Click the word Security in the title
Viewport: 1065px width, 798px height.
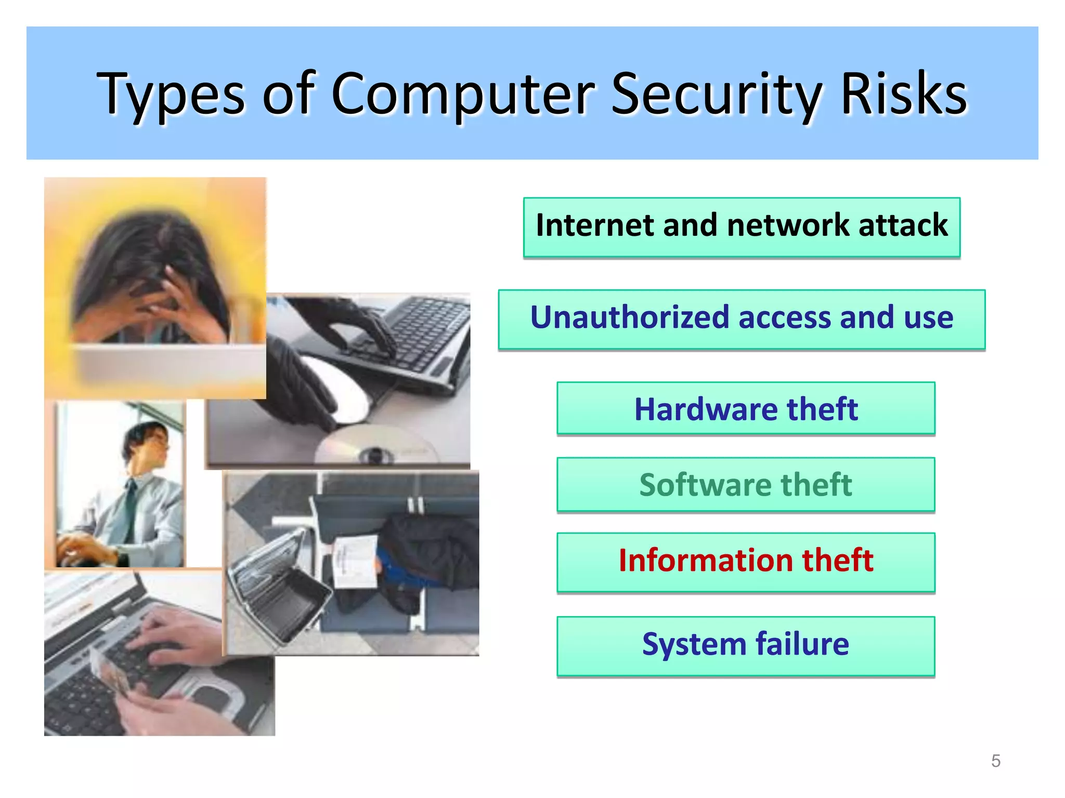(x=716, y=95)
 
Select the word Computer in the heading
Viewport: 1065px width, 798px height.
(x=463, y=95)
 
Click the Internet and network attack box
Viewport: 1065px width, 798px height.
(x=742, y=227)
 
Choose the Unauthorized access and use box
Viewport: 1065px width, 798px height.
(x=742, y=319)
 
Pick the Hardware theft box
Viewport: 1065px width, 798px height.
(x=746, y=408)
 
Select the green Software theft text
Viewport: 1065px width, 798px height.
(x=746, y=484)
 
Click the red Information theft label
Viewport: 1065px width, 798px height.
(x=746, y=561)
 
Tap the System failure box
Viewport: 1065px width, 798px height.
(x=746, y=645)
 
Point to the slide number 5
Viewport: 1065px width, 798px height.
(x=995, y=761)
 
